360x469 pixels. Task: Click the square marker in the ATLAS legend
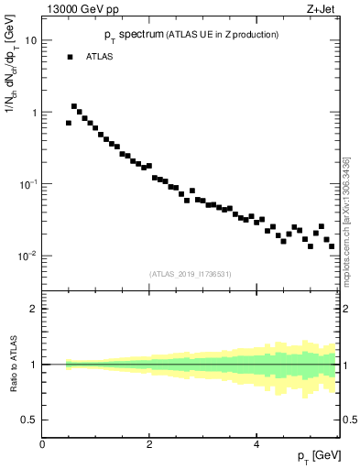pyautogui.click(x=70, y=57)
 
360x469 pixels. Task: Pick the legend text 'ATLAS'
pyautogui.click(x=101, y=57)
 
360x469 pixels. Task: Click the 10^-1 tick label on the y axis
pyautogui.click(x=27, y=184)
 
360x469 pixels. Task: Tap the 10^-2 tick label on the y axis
pyautogui.click(x=27, y=256)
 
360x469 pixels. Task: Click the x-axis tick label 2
pyautogui.click(x=149, y=444)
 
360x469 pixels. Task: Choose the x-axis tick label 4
pyautogui.click(x=256, y=444)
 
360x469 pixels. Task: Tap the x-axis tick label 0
pyautogui.click(x=42, y=444)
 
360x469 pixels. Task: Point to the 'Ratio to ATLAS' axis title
pyautogui.click(x=12, y=365)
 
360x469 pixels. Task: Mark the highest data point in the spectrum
pyautogui.click(x=74, y=106)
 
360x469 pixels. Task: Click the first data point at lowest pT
pyautogui.click(x=69, y=123)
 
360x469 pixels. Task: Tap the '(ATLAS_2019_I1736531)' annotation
pyautogui.click(x=191, y=273)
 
